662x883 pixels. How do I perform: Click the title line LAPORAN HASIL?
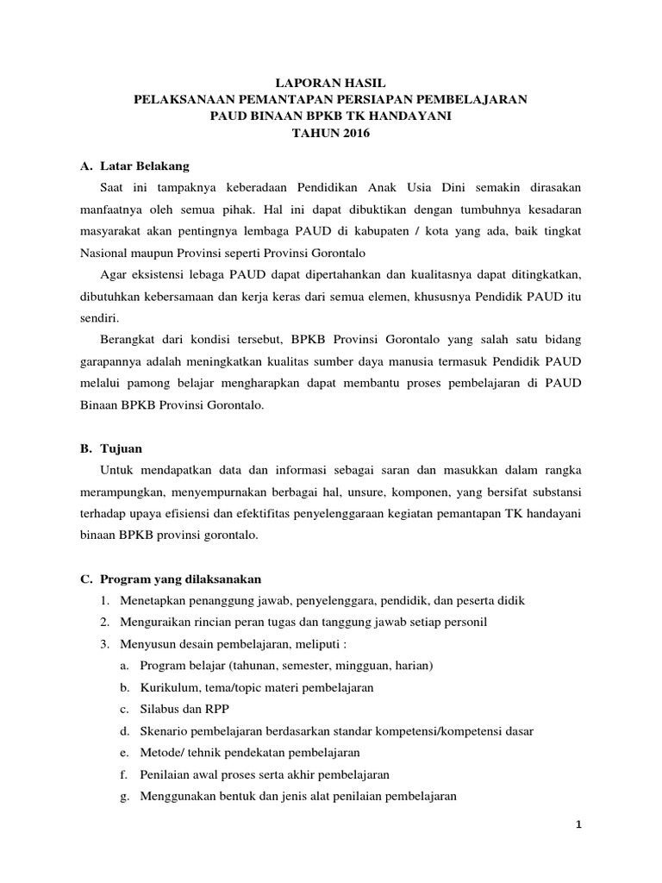330,81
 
